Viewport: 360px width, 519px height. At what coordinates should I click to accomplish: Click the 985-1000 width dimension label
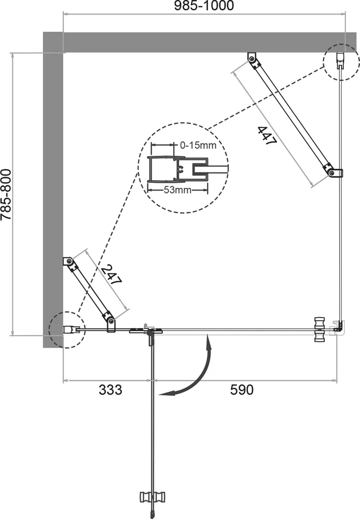coord(204,6)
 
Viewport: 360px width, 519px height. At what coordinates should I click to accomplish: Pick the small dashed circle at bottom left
coord(66,329)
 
